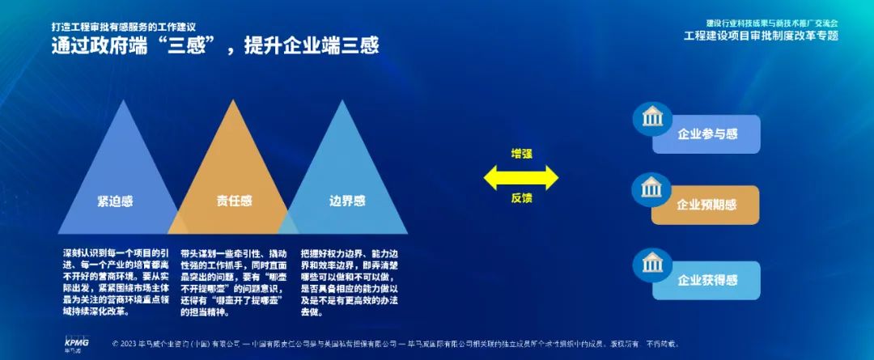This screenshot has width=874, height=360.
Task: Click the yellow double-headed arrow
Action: coord(521,176)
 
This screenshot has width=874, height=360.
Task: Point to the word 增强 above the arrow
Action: coord(521,154)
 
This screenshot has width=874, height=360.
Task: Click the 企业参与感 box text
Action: coord(707,134)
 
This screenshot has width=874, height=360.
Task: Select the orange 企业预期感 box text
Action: coord(706,205)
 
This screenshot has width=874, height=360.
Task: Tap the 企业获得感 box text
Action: coord(707,280)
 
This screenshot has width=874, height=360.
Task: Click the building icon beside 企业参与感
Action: coord(651,117)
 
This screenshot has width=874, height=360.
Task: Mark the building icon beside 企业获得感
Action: coord(651,263)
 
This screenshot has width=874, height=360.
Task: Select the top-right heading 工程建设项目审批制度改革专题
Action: coord(761,36)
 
